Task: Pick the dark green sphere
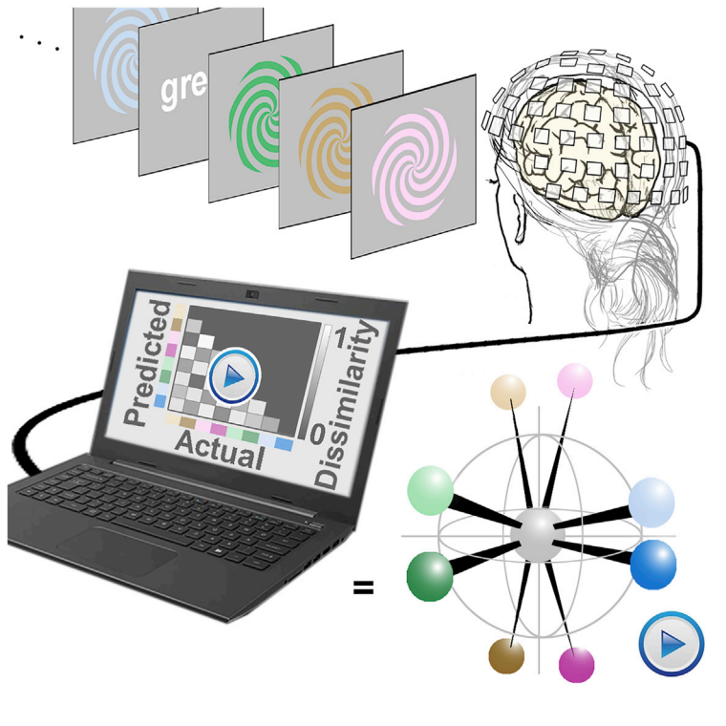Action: click(x=431, y=576)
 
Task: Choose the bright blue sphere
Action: click(x=653, y=563)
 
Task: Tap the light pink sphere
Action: click(x=575, y=381)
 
